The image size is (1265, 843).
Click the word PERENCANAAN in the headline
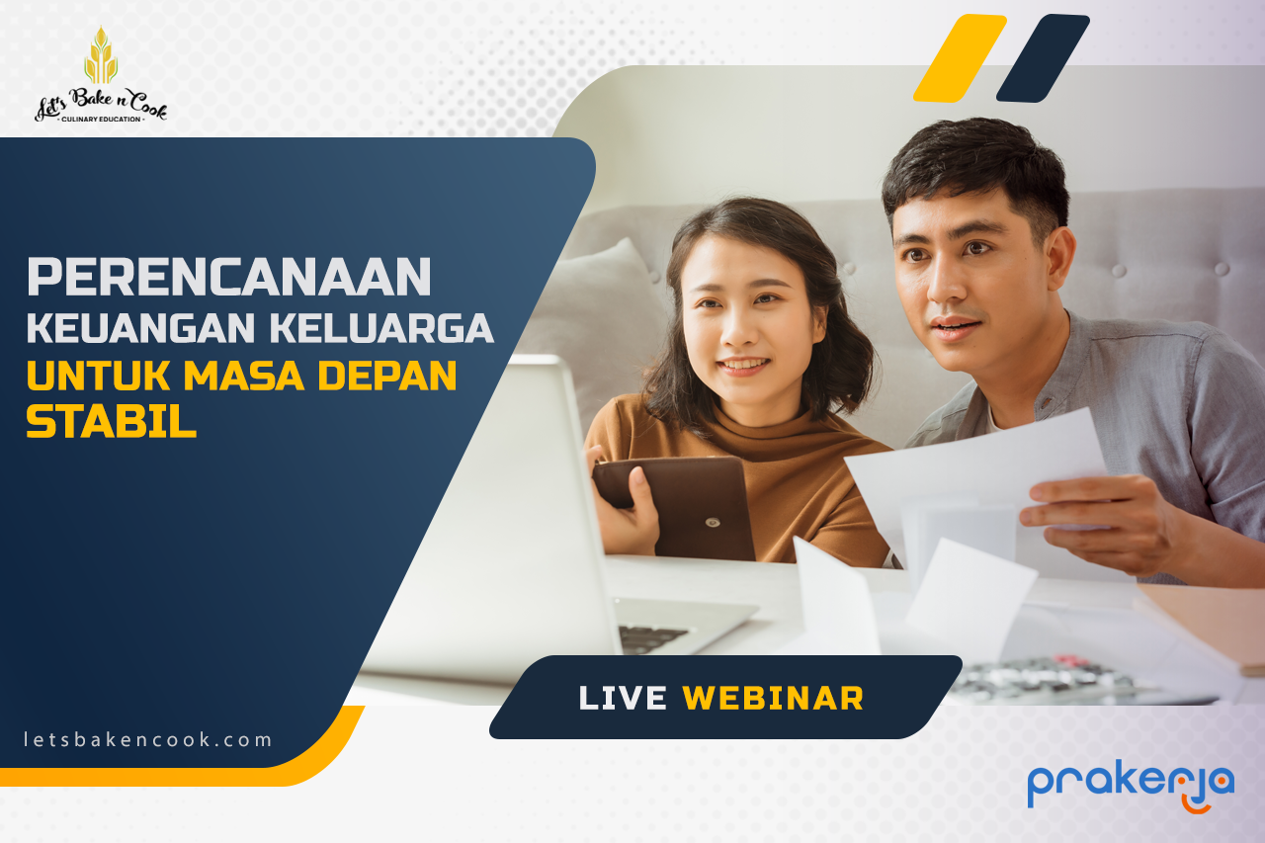(x=229, y=277)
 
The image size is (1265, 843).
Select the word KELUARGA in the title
(x=382, y=328)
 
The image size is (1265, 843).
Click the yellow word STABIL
(x=112, y=422)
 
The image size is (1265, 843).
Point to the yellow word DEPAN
(x=387, y=375)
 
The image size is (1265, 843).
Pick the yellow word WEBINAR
(x=773, y=699)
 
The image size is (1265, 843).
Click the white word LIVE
(x=623, y=699)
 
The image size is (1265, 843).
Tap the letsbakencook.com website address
(x=147, y=739)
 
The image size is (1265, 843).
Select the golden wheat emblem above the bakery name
(x=101, y=56)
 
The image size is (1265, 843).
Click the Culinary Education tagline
(x=101, y=120)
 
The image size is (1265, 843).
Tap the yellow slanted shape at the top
(x=960, y=58)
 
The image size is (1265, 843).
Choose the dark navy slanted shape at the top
(x=1043, y=58)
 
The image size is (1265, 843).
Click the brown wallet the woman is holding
(x=675, y=507)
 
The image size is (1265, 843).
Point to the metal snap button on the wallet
(x=713, y=522)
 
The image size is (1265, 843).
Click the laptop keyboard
(x=653, y=638)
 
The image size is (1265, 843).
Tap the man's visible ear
(x=1059, y=259)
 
